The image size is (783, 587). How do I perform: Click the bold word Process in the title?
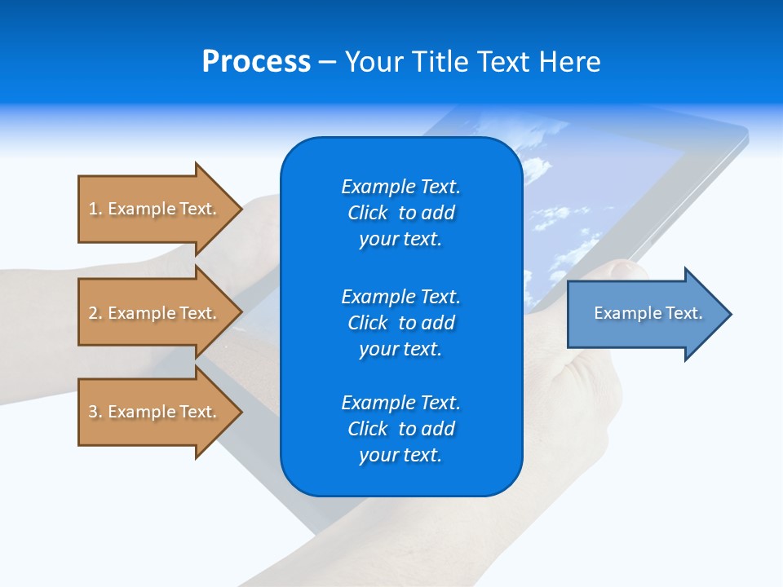(256, 62)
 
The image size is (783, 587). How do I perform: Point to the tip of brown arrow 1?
(241, 209)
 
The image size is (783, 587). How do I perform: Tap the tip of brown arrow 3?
(241, 412)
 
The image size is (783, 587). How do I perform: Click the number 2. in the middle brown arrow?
(95, 313)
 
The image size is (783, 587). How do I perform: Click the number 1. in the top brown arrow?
(95, 209)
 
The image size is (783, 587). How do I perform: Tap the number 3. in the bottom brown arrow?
(95, 412)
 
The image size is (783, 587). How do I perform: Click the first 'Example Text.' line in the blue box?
(400, 187)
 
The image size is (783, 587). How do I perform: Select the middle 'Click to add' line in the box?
(400, 323)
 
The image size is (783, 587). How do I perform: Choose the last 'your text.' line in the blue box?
(400, 455)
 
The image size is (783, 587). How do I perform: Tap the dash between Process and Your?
(327, 62)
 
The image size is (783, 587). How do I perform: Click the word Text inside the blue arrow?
(684, 313)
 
